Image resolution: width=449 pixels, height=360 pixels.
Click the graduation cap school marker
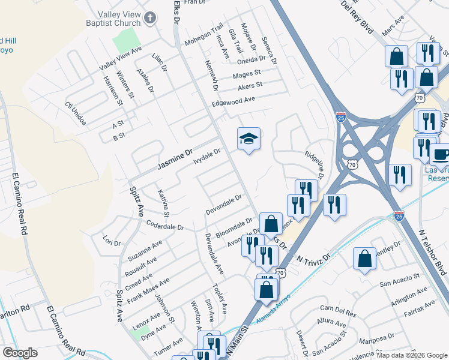tap(249, 139)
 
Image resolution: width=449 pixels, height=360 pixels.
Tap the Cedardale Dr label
tap(164, 226)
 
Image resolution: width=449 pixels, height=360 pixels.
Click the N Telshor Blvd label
tap(432, 251)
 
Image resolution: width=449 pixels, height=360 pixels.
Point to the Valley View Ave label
tap(120, 58)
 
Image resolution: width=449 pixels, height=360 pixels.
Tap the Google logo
tap(20, 353)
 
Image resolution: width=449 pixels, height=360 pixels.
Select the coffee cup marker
tap(441, 154)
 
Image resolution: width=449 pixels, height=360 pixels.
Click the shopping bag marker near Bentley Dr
tap(364, 259)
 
